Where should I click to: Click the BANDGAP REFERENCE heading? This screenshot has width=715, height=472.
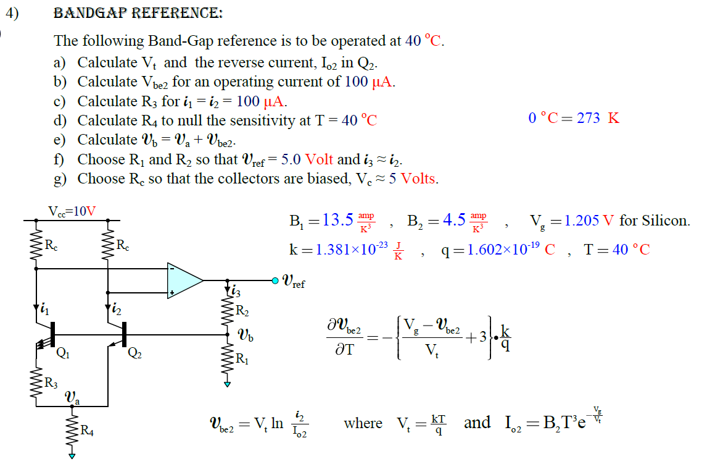[138, 14]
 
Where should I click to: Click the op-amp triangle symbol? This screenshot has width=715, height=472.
[184, 280]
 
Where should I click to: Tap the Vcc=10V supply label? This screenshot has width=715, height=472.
[73, 211]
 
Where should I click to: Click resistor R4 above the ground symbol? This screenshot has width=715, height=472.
[72, 429]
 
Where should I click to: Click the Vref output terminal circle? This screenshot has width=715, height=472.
[275, 280]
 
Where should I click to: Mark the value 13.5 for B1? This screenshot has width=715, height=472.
[337, 221]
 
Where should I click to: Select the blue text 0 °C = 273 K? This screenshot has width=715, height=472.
[574, 118]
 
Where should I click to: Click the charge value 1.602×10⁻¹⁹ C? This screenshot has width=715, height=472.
[498, 250]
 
